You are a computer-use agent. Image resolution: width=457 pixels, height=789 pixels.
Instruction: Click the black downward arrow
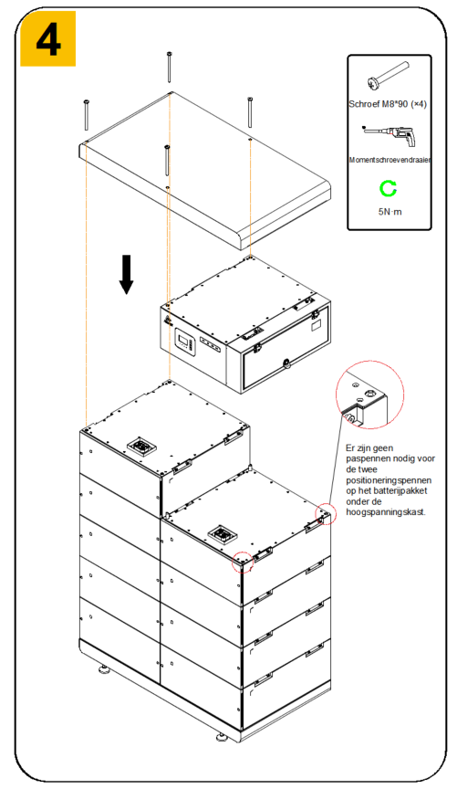click(126, 274)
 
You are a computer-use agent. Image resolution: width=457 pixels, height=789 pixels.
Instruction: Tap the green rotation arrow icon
click(388, 189)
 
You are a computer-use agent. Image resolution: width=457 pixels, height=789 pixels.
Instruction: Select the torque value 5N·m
click(389, 212)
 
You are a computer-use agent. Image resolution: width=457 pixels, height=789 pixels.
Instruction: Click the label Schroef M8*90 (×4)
click(388, 104)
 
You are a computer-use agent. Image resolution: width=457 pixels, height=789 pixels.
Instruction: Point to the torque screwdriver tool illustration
click(389, 135)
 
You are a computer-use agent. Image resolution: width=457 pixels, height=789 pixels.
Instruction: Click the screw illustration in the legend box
click(389, 76)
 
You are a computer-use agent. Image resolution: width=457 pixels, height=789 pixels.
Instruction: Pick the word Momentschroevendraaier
click(389, 160)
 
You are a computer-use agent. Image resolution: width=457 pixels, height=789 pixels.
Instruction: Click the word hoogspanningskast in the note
click(386, 512)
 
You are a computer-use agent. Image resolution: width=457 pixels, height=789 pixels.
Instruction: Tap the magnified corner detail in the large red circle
click(369, 395)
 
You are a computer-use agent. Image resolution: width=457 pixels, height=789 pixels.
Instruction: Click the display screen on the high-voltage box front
click(183, 340)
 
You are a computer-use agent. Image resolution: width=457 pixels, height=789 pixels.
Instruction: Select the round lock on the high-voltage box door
click(286, 363)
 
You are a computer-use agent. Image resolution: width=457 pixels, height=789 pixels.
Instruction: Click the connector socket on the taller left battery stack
click(141, 447)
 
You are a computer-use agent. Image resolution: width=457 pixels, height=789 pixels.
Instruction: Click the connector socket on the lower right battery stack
click(222, 534)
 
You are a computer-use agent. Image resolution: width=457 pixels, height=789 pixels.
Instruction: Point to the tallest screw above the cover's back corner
click(170, 67)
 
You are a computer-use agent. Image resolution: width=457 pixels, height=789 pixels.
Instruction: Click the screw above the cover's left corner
click(87, 115)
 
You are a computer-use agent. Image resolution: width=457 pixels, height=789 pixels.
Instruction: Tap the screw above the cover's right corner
click(250, 112)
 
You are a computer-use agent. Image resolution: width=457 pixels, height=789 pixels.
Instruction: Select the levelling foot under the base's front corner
click(222, 739)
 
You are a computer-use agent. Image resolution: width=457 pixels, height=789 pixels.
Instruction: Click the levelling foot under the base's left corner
click(104, 670)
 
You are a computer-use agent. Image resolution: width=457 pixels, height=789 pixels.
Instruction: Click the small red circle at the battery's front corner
click(243, 562)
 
